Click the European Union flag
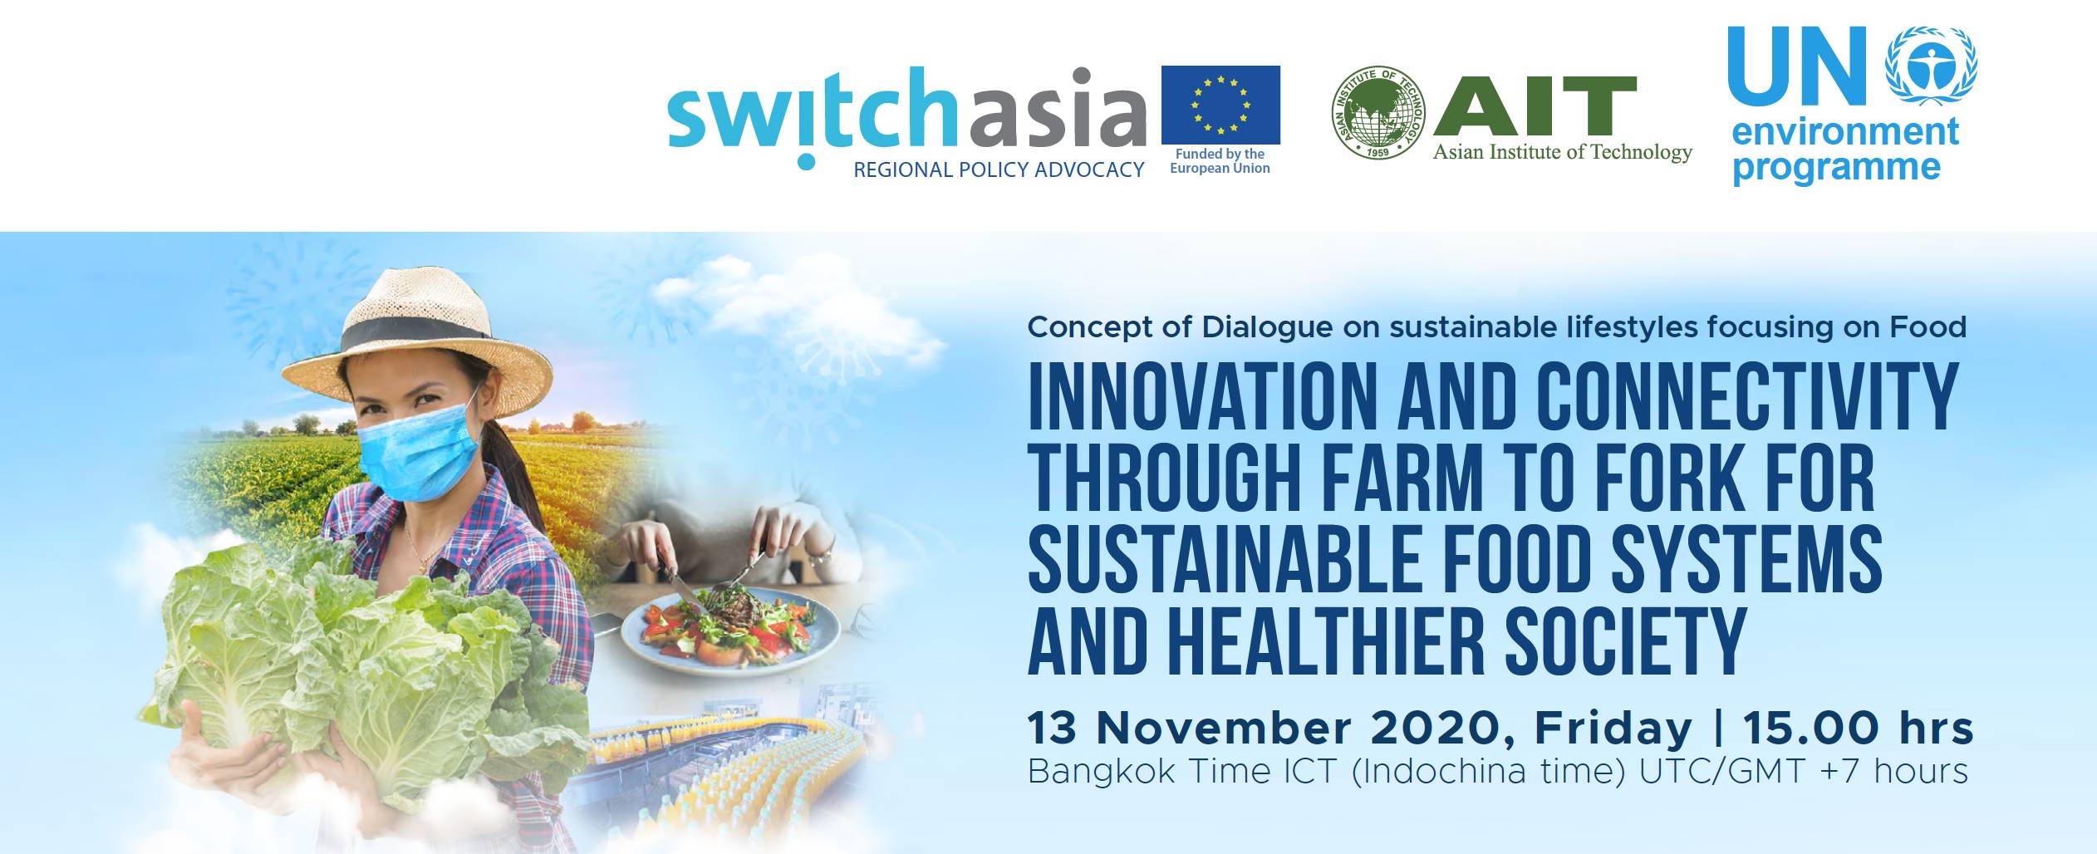pyautogui.click(x=1220, y=105)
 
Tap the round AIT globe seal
pyautogui.click(x=1378, y=113)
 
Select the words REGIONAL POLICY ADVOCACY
pyautogui.click(x=999, y=170)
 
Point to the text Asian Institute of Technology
pyautogui.click(x=1562, y=152)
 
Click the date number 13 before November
pyautogui.click(x=1051, y=729)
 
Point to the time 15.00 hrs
pyautogui.click(x=1857, y=729)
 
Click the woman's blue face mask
pyautogui.click(x=420, y=453)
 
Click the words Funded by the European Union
pyautogui.click(x=1220, y=161)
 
